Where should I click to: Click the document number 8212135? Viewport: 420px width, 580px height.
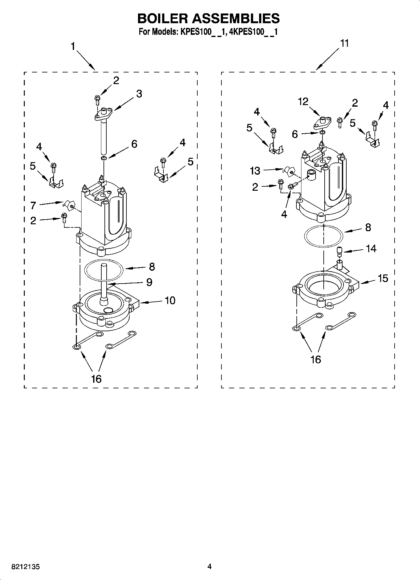25,567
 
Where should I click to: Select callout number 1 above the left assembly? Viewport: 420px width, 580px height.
73,47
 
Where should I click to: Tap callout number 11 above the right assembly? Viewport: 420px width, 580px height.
344,43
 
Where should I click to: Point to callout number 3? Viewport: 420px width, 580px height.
139,94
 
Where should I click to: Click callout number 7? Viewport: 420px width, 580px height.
33,205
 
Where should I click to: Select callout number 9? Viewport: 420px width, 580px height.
149,282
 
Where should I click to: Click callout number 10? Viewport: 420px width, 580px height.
170,301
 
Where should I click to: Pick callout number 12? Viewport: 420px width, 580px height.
303,102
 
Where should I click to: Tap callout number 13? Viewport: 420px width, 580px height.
255,171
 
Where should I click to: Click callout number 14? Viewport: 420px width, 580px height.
371,248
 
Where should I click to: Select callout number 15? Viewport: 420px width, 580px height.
383,278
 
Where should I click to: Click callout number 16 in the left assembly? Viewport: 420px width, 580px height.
96,379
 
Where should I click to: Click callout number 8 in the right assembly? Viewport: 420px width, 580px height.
368,227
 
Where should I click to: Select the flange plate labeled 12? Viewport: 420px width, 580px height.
322,122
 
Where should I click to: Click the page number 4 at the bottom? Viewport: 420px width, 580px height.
210,567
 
